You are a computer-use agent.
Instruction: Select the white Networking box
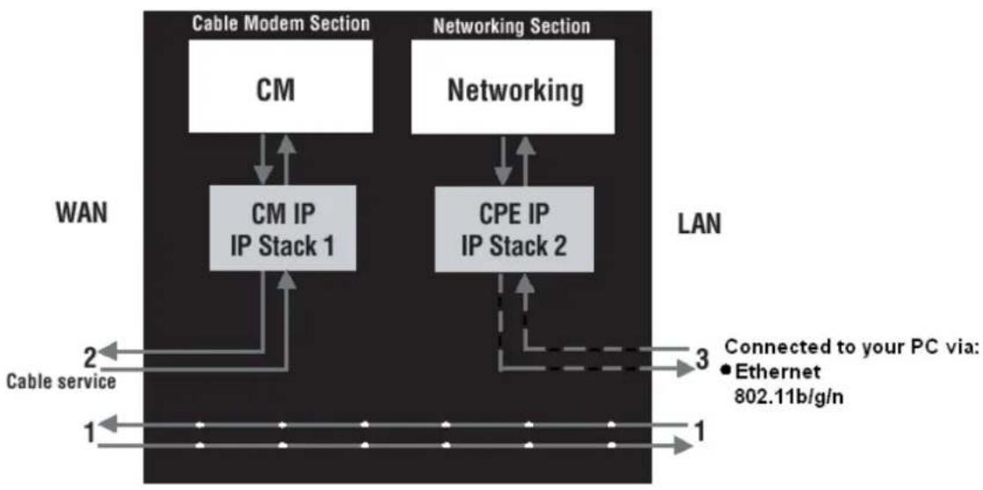516,87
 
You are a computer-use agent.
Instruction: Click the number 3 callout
702,359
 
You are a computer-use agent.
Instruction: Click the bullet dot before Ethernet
729,370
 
